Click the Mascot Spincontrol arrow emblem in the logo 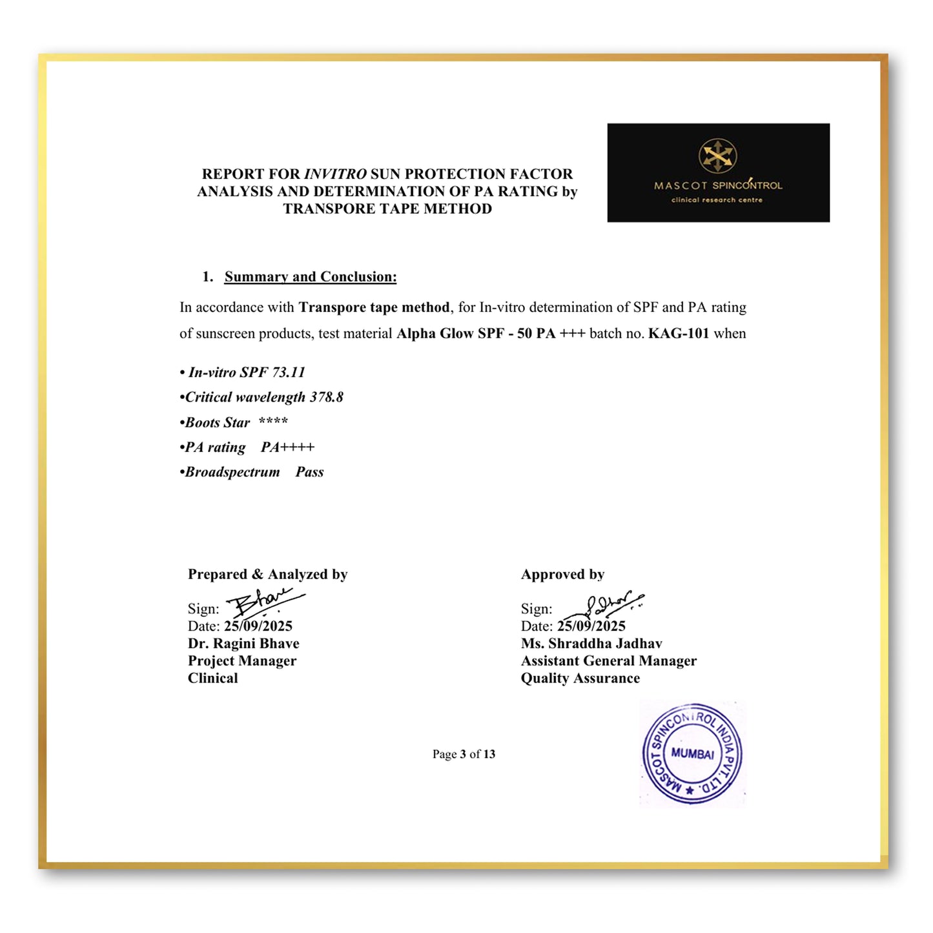point(717,156)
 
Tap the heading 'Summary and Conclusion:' point(310,277)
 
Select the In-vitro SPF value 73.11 point(289,373)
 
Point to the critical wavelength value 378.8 point(326,397)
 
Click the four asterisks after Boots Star point(273,422)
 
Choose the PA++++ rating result point(287,447)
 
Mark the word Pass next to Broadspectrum point(309,472)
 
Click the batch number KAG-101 point(679,334)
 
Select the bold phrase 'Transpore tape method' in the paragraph point(374,307)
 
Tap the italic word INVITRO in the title point(335,174)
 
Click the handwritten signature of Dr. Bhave point(263,602)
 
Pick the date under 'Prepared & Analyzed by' point(258,626)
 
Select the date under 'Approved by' point(591,626)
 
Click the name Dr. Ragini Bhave point(243,644)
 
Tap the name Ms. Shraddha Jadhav point(591,644)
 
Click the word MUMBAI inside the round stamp point(692,754)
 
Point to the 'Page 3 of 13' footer point(464,754)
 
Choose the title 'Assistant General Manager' point(609,661)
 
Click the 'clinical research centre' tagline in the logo point(717,200)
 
